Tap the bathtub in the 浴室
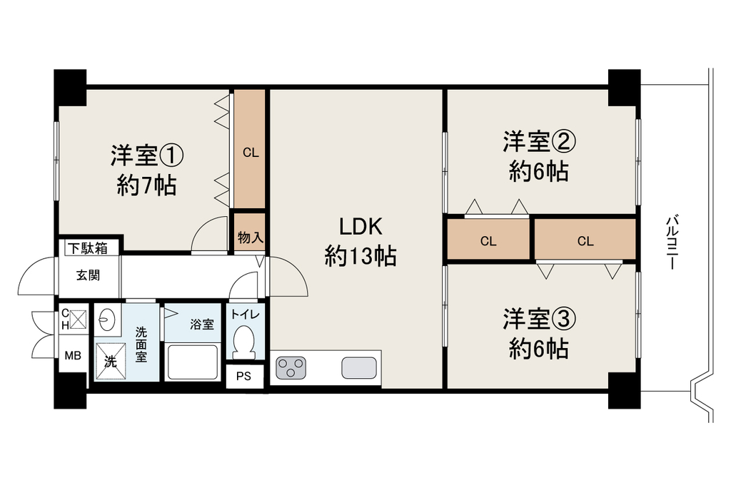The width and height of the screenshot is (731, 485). [x=193, y=362]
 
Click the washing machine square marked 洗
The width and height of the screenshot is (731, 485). [x=111, y=362]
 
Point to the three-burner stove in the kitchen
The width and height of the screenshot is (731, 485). [x=291, y=367]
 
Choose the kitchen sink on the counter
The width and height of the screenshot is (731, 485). [x=359, y=368]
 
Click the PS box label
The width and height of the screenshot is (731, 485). [x=243, y=377]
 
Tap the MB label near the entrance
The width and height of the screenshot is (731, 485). [x=73, y=356]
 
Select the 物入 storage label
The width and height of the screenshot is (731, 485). [x=251, y=238]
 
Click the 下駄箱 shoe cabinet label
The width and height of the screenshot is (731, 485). [x=88, y=248]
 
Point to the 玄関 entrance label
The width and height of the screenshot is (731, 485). [x=88, y=275]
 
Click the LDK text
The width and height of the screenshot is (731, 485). [x=361, y=227]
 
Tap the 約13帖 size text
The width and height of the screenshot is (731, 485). [x=361, y=256]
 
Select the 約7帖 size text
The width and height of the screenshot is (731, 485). [x=146, y=186]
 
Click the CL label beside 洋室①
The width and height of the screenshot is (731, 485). [x=251, y=153]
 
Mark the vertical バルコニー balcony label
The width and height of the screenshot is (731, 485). [x=672, y=242]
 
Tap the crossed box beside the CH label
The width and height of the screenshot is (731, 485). [x=79, y=319]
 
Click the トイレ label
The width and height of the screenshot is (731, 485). [x=246, y=315]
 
